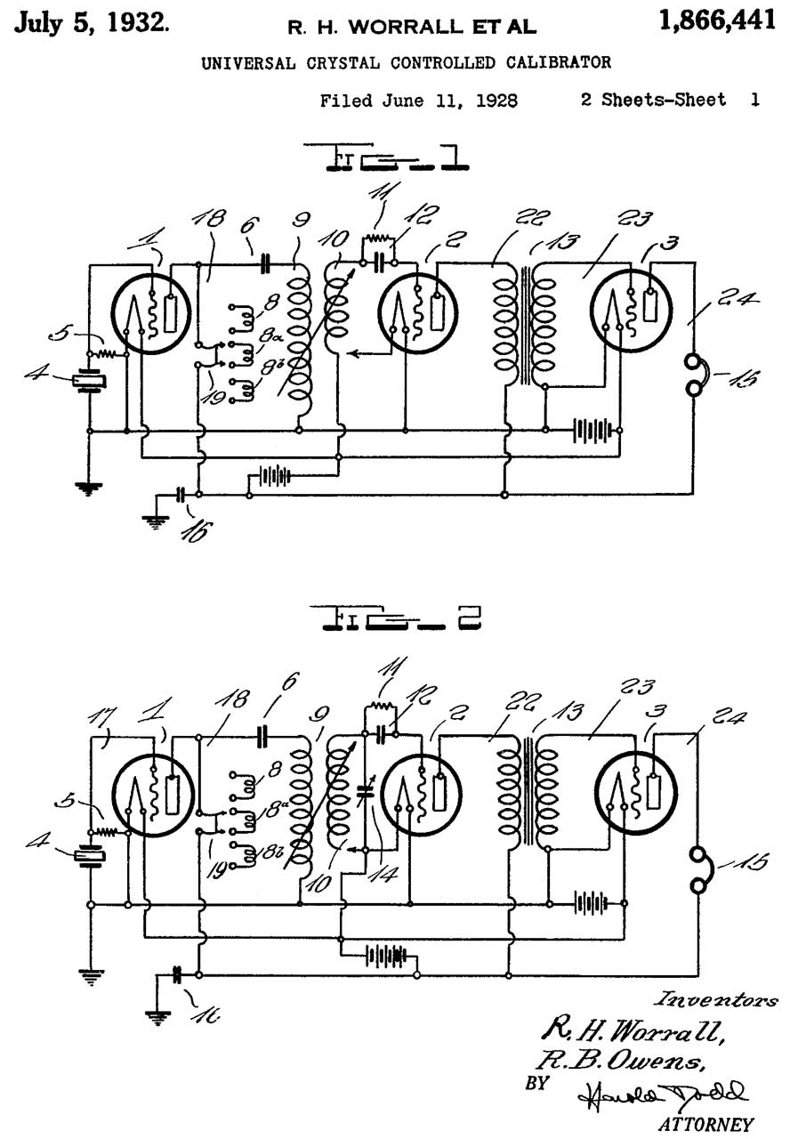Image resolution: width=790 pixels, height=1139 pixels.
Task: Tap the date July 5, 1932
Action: (93, 22)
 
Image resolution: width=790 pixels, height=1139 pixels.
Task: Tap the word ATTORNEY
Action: (705, 1124)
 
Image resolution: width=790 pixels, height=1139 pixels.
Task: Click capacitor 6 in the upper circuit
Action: (265, 263)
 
